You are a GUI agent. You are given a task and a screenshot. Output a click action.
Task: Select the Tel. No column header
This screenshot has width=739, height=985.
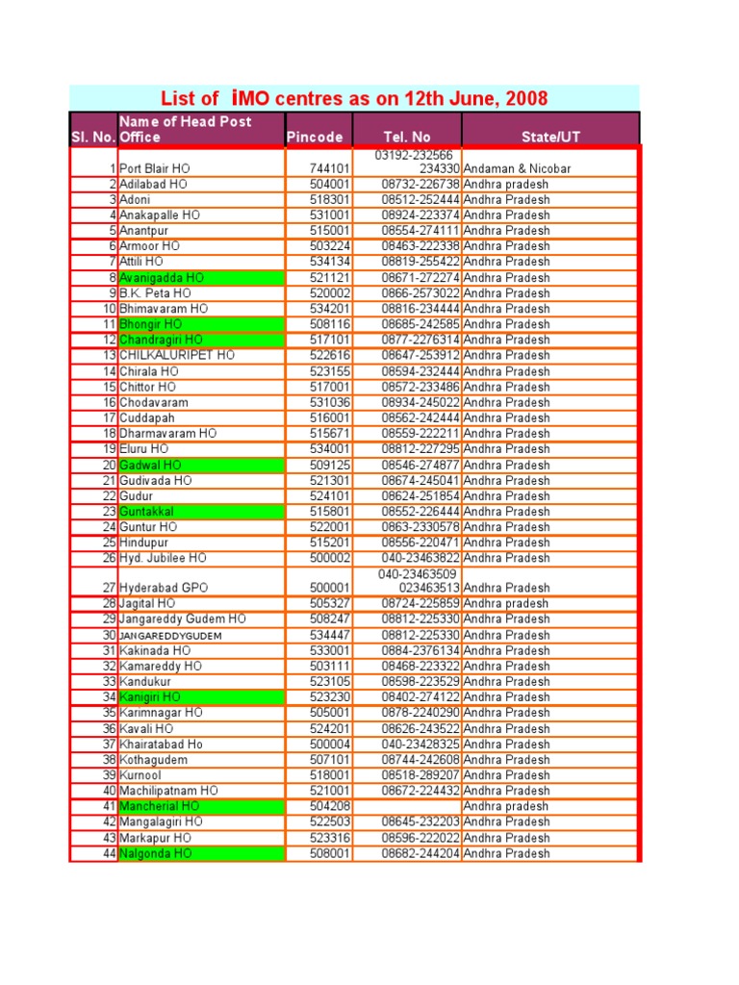(x=407, y=138)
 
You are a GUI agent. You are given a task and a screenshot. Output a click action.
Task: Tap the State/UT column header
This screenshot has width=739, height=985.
(x=550, y=138)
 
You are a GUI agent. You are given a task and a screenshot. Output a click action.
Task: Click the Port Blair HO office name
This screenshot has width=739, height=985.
(x=155, y=168)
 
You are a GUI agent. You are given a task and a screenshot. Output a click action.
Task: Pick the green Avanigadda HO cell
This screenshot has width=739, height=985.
(x=200, y=278)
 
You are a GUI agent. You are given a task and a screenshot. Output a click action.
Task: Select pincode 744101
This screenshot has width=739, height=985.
(x=329, y=168)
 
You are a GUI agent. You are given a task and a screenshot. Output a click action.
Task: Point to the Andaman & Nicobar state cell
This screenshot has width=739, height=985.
(x=517, y=168)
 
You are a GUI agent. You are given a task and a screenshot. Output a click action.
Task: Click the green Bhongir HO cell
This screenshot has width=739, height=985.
(x=200, y=325)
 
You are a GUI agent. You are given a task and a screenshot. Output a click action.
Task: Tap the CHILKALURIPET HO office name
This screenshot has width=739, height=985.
(x=177, y=355)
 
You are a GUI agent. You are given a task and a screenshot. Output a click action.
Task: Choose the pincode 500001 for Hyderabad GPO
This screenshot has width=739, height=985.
(x=329, y=588)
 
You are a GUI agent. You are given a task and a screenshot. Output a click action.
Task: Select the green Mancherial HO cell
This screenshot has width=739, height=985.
(x=200, y=806)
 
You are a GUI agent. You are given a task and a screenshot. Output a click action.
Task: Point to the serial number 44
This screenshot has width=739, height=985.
(x=109, y=853)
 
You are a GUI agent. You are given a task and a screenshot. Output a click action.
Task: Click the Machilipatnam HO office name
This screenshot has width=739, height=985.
(x=169, y=791)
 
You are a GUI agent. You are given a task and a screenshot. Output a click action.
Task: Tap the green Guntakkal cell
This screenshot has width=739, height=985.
(x=200, y=512)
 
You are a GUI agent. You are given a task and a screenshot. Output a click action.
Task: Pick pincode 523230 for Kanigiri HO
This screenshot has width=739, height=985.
(x=329, y=697)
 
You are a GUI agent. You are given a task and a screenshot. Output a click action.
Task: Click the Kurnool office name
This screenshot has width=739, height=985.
(x=140, y=775)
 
